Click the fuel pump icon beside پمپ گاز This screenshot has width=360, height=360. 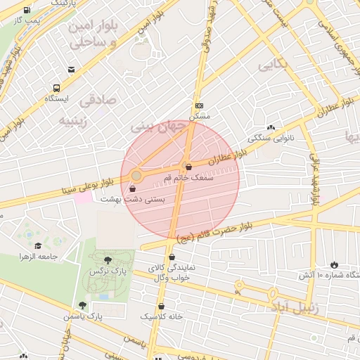(x=27, y=11)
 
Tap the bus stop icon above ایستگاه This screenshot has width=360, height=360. (x=56, y=89)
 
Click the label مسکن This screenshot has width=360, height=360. (x=200, y=116)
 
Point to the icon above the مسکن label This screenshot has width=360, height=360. (x=200, y=105)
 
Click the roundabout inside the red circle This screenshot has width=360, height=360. (x=136, y=175)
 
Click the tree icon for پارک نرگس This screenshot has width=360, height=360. (x=107, y=260)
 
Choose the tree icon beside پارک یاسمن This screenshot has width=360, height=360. (x=83, y=305)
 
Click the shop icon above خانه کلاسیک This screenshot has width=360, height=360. (x=162, y=306)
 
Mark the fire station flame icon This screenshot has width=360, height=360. (x=333, y=264)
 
